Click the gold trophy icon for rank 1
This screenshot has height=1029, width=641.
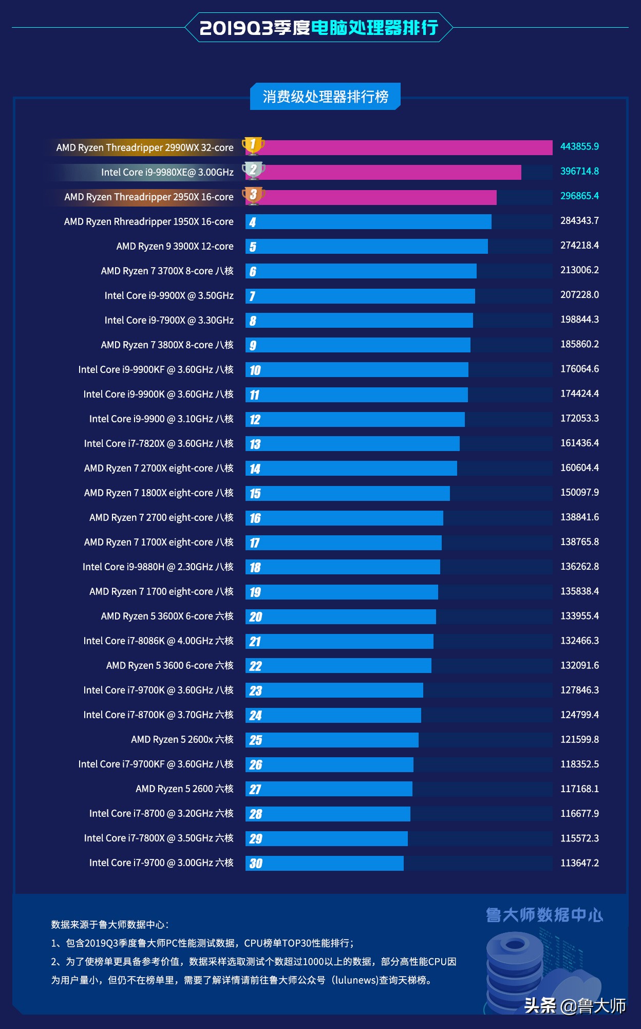(x=253, y=145)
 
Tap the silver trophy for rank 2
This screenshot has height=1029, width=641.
(x=253, y=170)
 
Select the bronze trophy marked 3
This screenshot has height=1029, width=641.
(x=253, y=195)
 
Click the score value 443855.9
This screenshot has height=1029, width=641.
(x=579, y=146)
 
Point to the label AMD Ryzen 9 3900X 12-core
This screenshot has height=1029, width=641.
(x=175, y=247)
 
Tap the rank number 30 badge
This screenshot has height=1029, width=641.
(x=255, y=864)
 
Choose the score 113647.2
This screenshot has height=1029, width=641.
(x=579, y=863)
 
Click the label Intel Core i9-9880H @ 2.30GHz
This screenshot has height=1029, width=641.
(x=158, y=567)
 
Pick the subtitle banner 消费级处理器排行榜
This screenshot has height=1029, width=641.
(x=325, y=97)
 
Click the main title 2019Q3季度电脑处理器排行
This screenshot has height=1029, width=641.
(x=318, y=28)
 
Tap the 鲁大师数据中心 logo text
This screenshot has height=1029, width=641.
(x=544, y=915)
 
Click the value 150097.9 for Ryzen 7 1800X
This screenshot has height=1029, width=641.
(x=579, y=492)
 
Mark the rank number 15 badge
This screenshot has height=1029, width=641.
(x=255, y=494)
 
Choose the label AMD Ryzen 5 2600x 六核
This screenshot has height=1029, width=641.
(x=182, y=740)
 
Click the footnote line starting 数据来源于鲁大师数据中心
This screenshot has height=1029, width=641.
(x=110, y=925)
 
